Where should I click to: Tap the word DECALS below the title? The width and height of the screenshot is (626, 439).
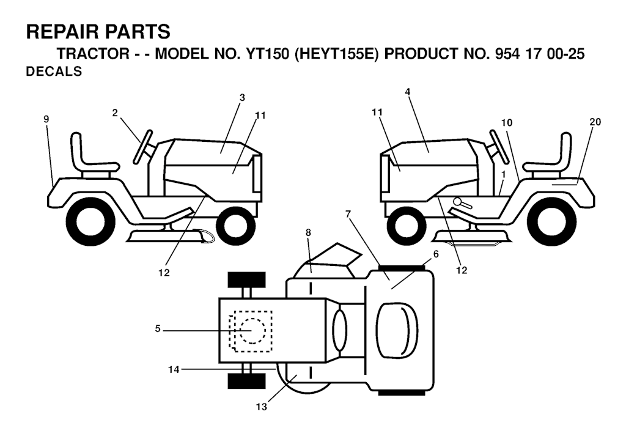[54, 72]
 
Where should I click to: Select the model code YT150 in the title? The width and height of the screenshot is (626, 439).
[265, 54]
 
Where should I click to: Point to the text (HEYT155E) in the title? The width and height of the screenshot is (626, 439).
[336, 54]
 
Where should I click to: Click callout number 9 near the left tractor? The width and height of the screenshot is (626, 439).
[46, 119]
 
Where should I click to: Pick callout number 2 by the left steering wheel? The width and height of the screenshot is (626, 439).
[115, 113]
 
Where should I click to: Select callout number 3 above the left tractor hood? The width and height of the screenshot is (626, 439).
[242, 97]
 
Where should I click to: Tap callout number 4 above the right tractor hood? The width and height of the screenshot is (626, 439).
[407, 92]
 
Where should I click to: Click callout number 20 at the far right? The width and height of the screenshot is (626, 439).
[595, 122]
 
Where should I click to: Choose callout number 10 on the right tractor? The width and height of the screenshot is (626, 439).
[507, 123]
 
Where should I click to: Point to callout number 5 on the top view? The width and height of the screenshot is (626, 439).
[158, 329]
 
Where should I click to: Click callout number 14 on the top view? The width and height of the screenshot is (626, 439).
[174, 370]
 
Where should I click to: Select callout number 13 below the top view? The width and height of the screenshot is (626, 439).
[262, 407]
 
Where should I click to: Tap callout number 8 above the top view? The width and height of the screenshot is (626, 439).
[308, 232]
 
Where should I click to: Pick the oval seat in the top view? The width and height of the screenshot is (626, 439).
[397, 330]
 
